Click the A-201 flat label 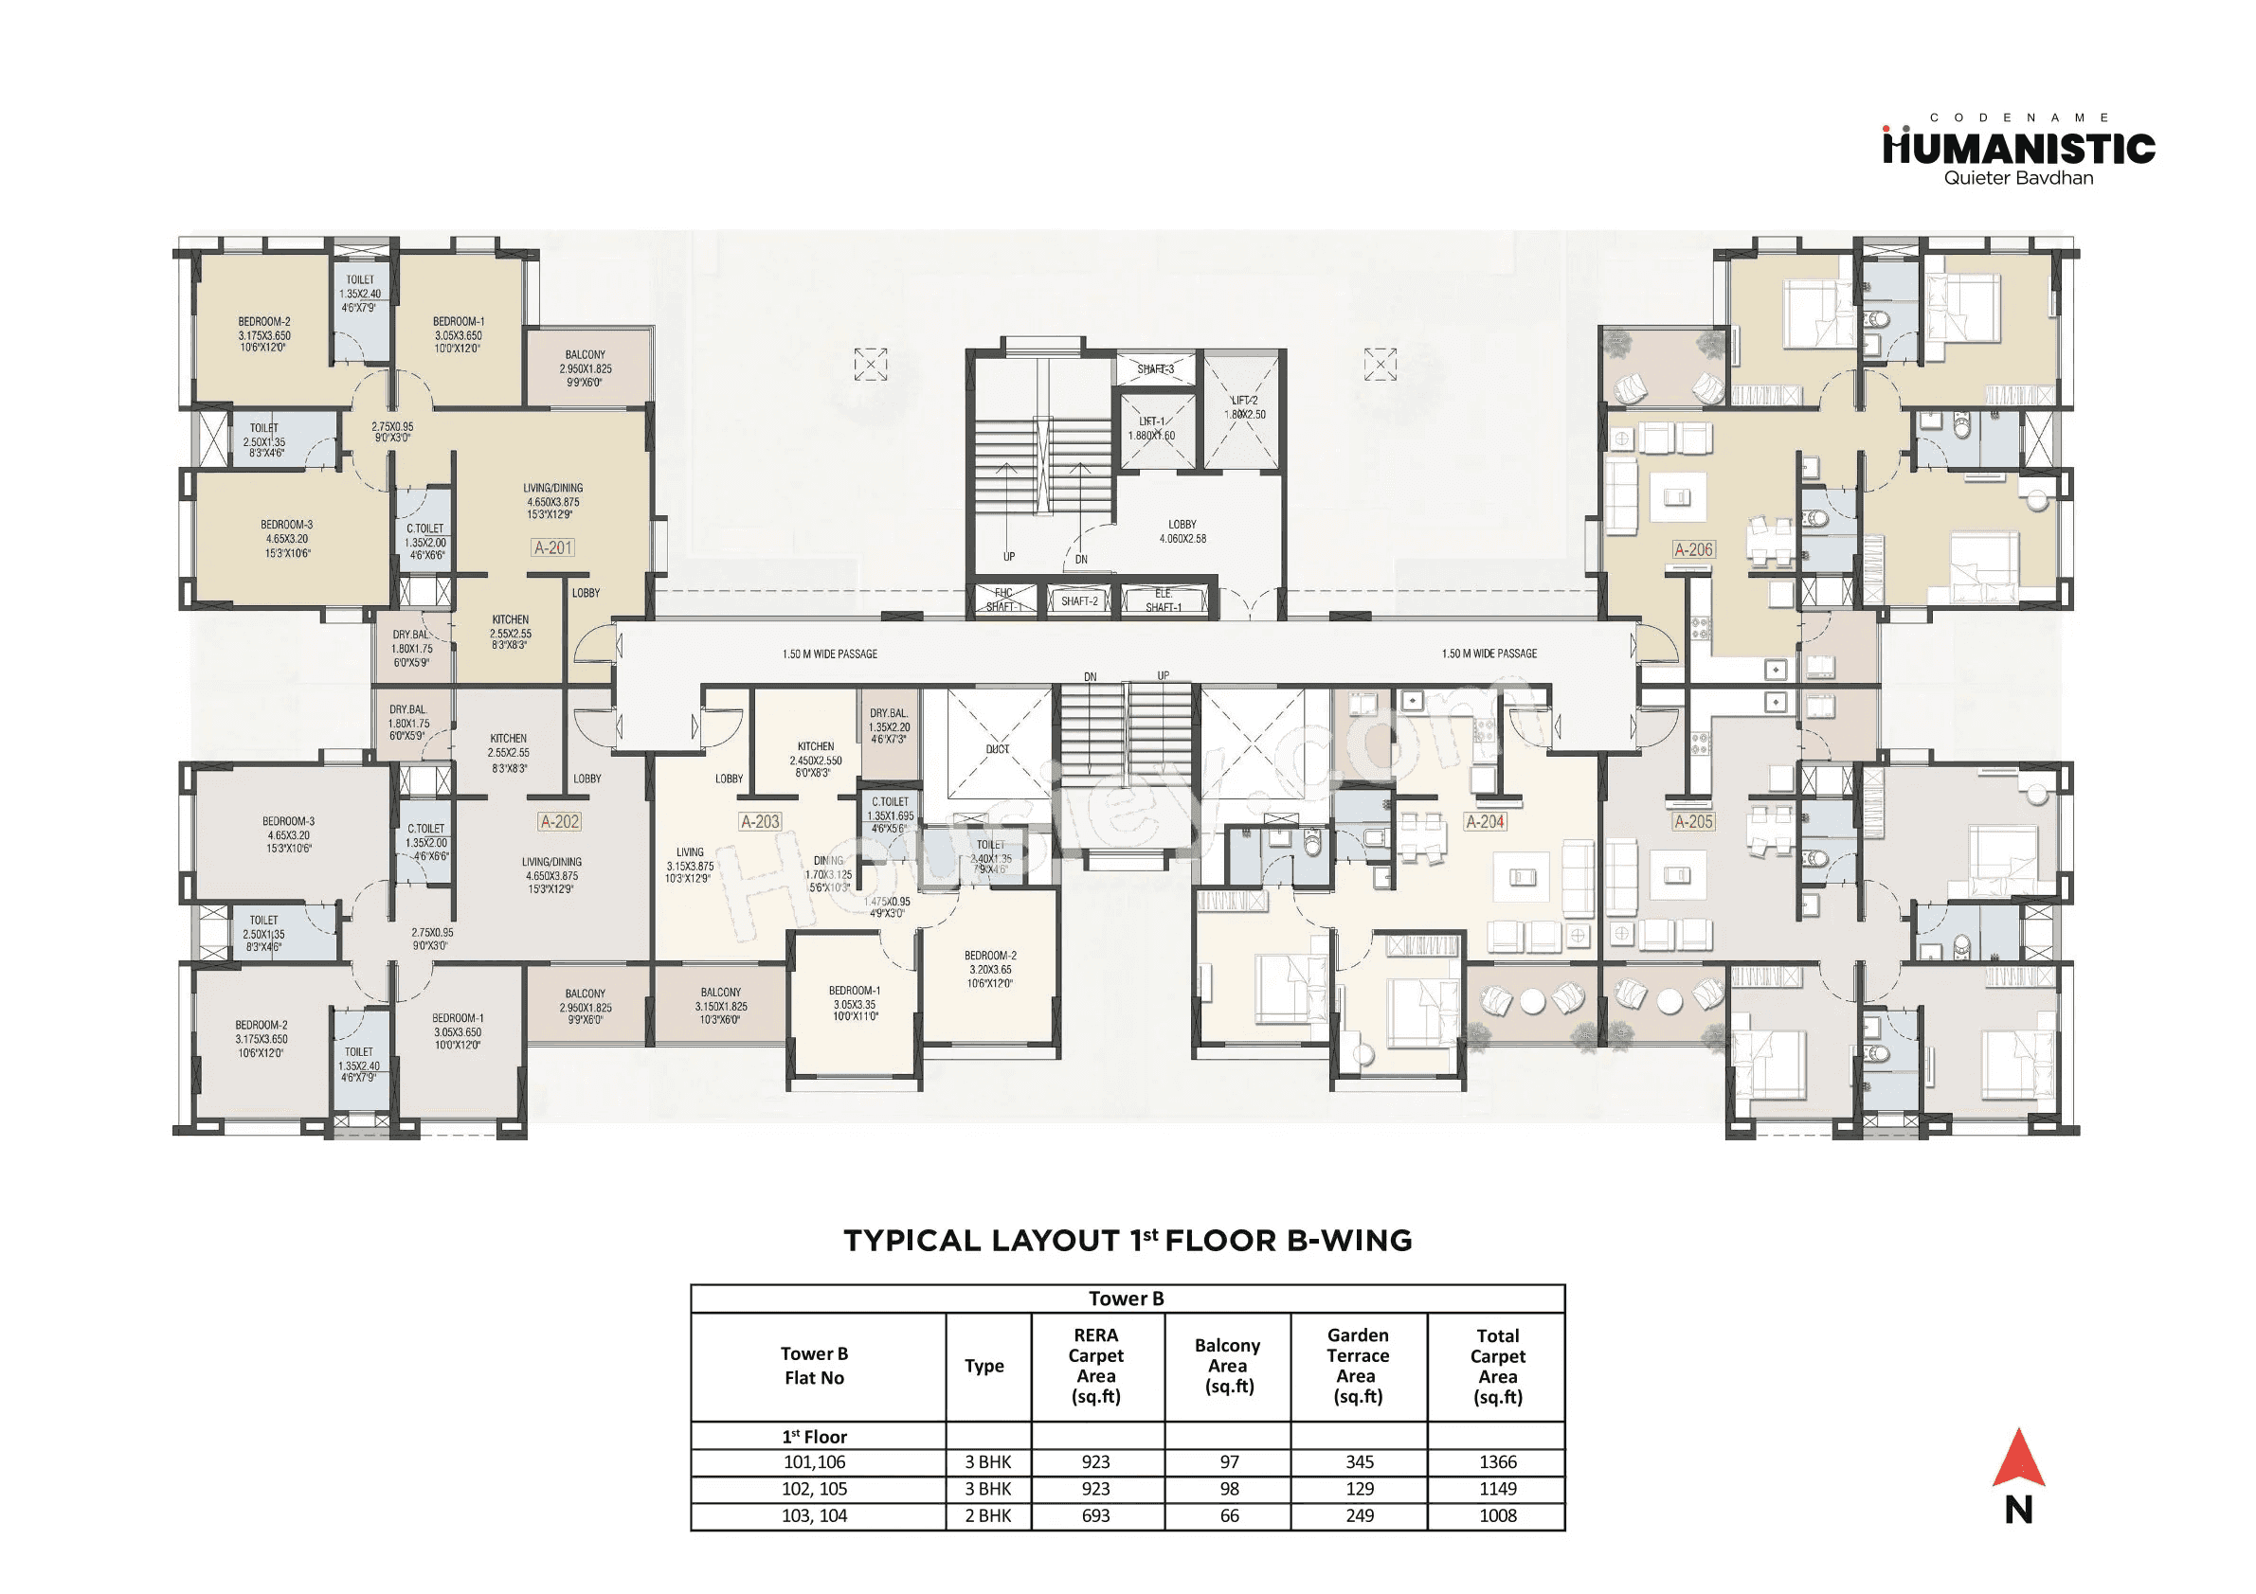point(552,548)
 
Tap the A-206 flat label point(1693,550)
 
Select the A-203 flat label point(760,822)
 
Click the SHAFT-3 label point(1156,369)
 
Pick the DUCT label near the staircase point(998,749)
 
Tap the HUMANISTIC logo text point(2018,150)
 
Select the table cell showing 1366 point(1497,1462)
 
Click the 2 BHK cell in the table point(987,1515)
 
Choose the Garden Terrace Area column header point(1358,1365)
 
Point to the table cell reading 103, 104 point(814,1515)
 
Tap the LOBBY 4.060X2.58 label point(1182,531)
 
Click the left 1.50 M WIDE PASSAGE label point(829,654)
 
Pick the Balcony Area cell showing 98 point(1228,1489)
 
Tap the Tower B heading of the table point(1126,1298)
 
